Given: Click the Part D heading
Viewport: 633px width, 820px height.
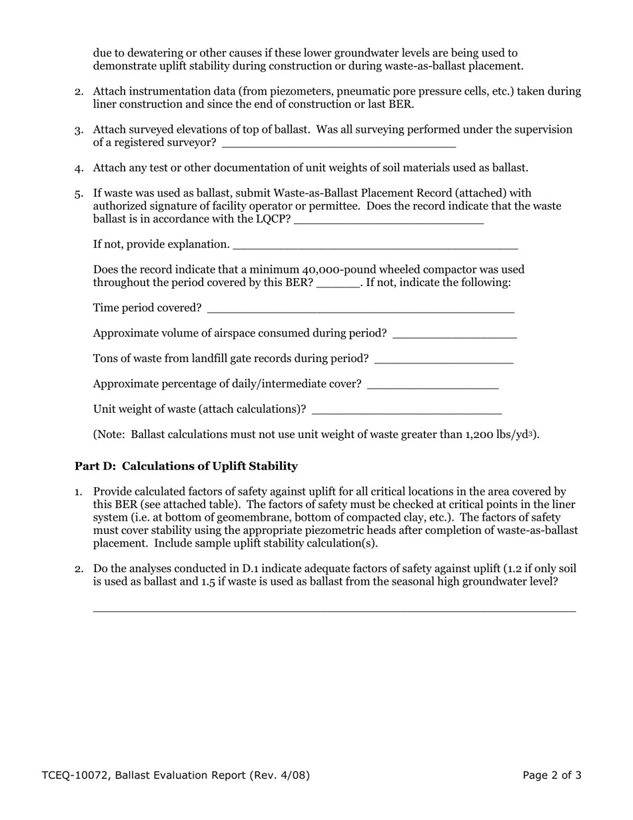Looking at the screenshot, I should pyautogui.click(x=186, y=466).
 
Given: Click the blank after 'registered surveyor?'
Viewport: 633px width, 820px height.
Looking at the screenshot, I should pyautogui.click(x=338, y=143).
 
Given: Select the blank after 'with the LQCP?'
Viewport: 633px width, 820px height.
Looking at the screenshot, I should pyautogui.click(x=388, y=220).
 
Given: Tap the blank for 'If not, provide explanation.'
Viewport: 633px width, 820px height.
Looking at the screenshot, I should pyautogui.click(x=375, y=245).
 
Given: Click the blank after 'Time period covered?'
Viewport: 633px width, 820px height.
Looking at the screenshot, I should pyautogui.click(x=360, y=309).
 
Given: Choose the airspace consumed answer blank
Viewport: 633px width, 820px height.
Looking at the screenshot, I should pyautogui.click(x=454, y=334).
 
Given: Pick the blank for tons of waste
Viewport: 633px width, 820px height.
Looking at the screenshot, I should pyautogui.click(x=444, y=359).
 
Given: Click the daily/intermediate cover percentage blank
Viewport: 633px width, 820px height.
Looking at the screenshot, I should pyautogui.click(x=432, y=385).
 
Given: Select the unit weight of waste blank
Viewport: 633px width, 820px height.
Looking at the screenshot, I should pyautogui.click(x=406, y=410).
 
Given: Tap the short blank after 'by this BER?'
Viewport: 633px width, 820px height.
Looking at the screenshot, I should pyautogui.click(x=338, y=283).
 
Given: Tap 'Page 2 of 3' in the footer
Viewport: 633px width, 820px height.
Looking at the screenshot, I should pyautogui.click(x=552, y=775).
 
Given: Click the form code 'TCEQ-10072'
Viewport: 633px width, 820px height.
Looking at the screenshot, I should pyautogui.click(x=74, y=775).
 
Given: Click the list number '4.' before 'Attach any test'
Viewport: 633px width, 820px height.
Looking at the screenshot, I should pyautogui.click(x=79, y=168).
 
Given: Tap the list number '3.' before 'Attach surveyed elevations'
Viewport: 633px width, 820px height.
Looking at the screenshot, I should pyautogui.click(x=79, y=130).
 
